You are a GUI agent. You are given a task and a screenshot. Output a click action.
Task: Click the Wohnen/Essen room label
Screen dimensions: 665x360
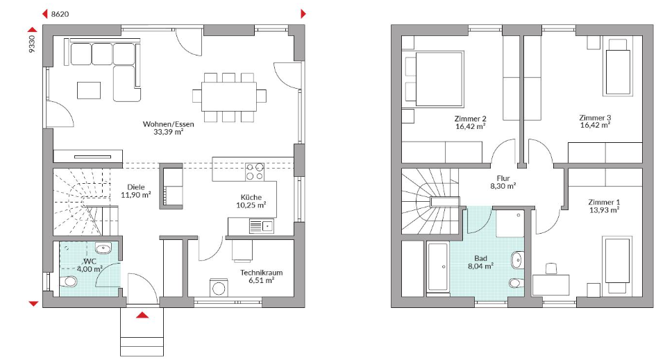(x=169, y=124)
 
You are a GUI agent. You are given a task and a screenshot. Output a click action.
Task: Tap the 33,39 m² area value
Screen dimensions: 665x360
(x=169, y=132)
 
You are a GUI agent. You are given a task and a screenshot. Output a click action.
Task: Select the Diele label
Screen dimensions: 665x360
(x=136, y=187)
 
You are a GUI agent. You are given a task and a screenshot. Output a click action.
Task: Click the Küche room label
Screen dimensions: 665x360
(x=251, y=197)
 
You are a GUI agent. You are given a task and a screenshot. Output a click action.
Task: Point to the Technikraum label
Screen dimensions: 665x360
(x=261, y=273)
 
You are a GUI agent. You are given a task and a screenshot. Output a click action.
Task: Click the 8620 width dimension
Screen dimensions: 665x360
(x=60, y=14)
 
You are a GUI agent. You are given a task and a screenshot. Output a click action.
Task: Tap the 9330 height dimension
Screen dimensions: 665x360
(x=32, y=44)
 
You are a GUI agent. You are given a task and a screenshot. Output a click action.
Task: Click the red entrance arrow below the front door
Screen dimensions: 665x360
(x=142, y=315)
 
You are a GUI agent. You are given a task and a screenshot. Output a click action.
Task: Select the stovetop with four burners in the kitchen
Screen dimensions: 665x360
(x=255, y=171)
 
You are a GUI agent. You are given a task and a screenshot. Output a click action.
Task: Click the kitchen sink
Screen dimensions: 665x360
(x=261, y=226)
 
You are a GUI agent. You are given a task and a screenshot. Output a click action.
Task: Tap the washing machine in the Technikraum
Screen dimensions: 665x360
(x=219, y=287)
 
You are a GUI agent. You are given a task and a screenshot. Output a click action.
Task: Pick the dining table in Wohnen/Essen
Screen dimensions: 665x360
(x=228, y=96)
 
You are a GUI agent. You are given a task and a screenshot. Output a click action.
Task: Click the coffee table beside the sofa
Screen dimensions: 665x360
(x=89, y=90)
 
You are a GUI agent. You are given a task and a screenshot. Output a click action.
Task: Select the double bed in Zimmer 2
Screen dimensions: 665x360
(x=434, y=79)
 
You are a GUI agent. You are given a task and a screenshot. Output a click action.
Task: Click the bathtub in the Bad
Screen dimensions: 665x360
(x=437, y=267)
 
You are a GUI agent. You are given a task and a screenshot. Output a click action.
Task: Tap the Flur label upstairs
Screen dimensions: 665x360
(x=503, y=178)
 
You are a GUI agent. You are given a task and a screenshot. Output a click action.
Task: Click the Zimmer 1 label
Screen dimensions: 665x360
(x=604, y=203)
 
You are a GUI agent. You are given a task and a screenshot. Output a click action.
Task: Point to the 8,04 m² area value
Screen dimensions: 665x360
(x=480, y=266)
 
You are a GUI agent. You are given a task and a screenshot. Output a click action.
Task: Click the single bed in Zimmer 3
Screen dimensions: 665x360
(x=618, y=70)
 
